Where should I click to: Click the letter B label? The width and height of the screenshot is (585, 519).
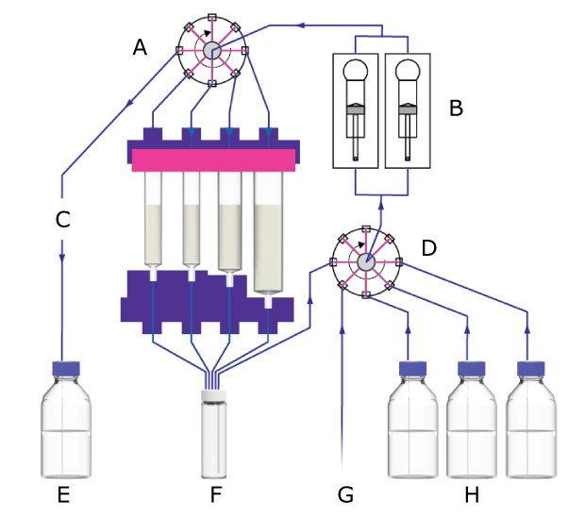[x=456, y=108]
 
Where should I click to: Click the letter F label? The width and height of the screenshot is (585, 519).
[x=215, y=493]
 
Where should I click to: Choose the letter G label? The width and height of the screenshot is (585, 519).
[x=345, y=493]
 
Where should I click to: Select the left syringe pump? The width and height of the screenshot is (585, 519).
[x=356, y=109]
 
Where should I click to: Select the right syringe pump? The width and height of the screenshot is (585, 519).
[x=408, y=109]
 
